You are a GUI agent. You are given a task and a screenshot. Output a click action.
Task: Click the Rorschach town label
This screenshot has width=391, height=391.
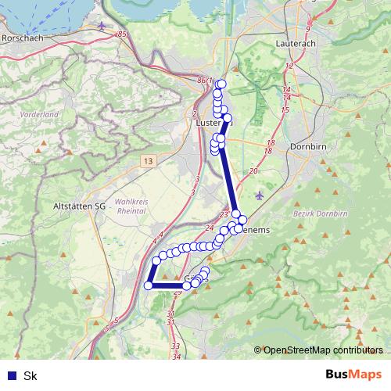tap(21, 37)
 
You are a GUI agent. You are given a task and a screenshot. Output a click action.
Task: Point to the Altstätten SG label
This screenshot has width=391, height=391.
tap(77, 205)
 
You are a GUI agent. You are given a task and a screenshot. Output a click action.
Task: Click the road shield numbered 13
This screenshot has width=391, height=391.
tap(148, 160)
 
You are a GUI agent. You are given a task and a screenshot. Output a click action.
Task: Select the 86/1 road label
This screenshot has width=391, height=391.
tap(205, 80)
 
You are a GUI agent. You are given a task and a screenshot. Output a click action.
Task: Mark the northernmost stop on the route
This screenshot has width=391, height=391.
tap(221, 84)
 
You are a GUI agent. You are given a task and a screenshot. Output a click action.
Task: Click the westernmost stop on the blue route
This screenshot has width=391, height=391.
tap(148, 285)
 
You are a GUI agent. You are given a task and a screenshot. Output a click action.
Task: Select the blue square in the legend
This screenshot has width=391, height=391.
tap(12, 376)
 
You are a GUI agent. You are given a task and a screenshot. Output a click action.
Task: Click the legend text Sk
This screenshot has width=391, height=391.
tap(30, 376)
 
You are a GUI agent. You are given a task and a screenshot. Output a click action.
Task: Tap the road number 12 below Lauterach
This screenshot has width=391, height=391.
tap(289, 66)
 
